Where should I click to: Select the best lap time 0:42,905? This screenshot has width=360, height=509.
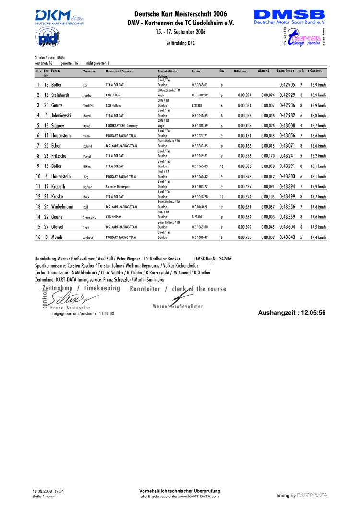(x=287, y=85)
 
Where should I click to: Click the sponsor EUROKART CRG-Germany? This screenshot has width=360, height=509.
(x=122, y=126)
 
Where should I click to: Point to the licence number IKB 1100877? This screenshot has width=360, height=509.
(x=200, y=186)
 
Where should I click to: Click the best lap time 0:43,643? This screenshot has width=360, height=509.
(x=287, y=237)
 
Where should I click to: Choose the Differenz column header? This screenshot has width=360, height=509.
(x=240, y=71)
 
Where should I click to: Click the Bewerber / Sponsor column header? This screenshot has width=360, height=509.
(x=120, y=71)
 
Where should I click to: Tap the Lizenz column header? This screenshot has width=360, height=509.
(x=196, y=71)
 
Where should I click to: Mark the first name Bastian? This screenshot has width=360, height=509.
(x=87, y=187)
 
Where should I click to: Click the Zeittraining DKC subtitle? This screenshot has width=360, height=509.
(x=180, y=43)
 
